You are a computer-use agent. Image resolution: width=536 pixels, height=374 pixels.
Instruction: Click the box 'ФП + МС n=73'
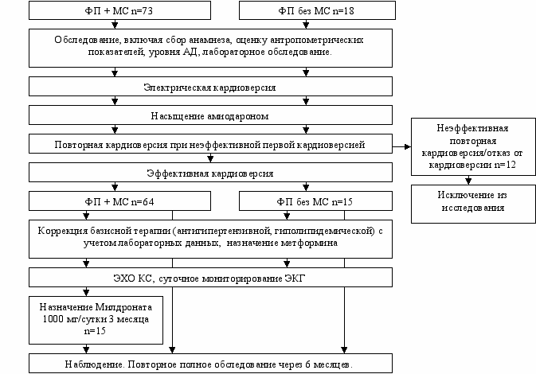114,12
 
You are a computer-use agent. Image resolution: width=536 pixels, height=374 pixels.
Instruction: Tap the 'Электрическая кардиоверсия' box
210,86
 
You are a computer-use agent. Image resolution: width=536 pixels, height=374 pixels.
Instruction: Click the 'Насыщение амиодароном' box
210,115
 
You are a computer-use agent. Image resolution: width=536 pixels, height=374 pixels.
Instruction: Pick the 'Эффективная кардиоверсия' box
210,173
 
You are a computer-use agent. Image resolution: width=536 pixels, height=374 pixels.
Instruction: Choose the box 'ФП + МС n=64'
114,201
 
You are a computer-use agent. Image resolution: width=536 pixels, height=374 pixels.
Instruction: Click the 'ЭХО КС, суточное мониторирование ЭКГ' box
210,278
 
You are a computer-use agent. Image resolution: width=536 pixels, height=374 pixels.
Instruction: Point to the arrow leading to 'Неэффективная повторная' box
403,146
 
